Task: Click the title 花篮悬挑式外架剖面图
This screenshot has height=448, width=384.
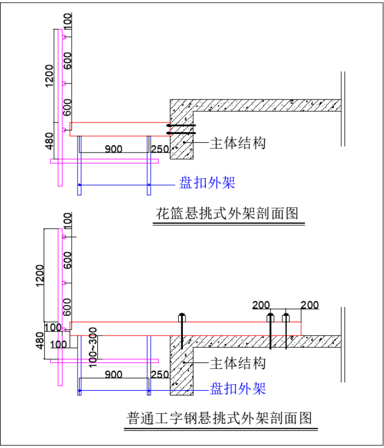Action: (227, 214)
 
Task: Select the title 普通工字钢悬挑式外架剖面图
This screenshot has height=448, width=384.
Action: (219, 418)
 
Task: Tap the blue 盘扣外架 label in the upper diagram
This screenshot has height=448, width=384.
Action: (207, 183)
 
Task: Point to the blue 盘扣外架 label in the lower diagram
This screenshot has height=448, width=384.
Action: (238, 389)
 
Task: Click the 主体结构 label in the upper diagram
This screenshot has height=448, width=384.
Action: (238, 143)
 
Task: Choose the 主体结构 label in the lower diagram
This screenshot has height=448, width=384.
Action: (238, 363)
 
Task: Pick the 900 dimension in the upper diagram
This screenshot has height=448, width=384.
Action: (113, 149)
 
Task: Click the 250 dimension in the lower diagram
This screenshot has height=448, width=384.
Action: (160, 374)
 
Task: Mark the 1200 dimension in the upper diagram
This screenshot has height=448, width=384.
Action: (49, 75)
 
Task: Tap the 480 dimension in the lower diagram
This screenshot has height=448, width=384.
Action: (40, 340)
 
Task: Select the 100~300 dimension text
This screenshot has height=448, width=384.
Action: (93, 347)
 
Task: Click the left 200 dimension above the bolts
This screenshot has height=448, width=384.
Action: (261, 305)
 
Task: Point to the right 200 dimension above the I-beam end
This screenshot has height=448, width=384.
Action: (310, 305)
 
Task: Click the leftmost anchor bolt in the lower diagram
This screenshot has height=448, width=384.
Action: (182, 331)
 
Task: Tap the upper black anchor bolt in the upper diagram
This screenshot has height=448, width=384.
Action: (181, 125)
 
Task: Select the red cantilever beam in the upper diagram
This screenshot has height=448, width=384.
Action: (120, 129)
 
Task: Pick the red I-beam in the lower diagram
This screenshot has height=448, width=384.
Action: (186, 329)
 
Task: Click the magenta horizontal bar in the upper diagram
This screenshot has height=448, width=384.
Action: (104, 161)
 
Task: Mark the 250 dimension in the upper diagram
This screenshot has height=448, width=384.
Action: (160, 149)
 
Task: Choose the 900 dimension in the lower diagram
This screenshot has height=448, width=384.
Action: (113, 374)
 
